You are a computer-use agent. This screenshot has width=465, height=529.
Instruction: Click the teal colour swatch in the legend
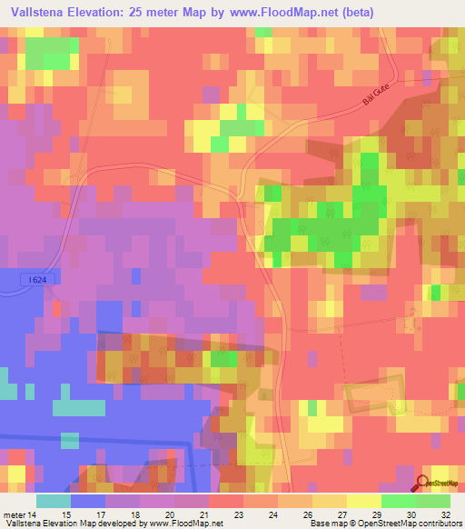[x=54, y=501]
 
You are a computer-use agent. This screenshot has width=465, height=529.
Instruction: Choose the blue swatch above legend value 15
[x=88, y=501]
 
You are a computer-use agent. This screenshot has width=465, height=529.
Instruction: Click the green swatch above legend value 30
[x=399, y=501]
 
